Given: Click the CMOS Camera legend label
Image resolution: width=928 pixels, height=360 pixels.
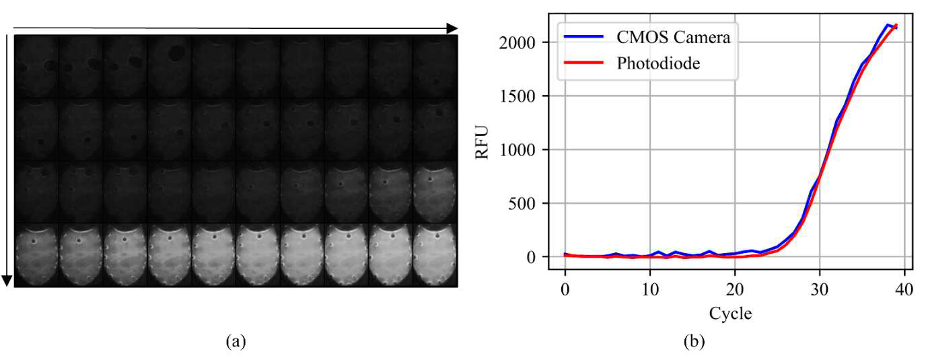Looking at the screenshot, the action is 673,37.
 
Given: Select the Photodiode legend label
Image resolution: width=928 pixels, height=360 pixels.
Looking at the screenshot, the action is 658,63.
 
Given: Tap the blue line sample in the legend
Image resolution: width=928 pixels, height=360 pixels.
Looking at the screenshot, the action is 583,37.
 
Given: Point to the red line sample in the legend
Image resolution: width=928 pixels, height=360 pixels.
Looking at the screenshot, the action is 583,63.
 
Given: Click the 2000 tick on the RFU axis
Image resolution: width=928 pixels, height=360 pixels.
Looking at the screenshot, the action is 518,42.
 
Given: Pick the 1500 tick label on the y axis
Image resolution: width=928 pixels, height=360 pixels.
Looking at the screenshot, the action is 518,96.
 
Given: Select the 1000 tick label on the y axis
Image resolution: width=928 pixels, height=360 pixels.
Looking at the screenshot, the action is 518,149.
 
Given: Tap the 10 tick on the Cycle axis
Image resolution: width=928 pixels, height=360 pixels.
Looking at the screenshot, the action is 650,289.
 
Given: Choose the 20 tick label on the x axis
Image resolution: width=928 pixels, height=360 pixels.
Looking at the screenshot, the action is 735,289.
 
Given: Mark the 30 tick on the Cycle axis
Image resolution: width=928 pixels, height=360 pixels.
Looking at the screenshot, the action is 820,289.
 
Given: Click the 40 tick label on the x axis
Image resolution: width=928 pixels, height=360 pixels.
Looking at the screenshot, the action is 904,289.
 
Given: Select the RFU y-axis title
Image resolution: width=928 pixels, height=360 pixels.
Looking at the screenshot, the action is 482,142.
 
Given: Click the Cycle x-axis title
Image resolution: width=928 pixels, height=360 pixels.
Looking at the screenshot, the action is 730,314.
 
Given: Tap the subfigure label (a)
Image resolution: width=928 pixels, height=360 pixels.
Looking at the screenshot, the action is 236,341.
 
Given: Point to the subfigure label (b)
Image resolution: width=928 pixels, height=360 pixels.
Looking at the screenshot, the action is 694,341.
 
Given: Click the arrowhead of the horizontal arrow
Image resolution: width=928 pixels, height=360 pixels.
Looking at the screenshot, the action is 452,28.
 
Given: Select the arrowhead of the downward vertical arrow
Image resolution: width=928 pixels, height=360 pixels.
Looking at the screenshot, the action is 7,281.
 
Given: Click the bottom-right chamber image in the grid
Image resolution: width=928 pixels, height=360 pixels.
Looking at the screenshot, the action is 435,255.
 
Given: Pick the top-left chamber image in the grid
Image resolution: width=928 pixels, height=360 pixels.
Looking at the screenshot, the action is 36,67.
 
